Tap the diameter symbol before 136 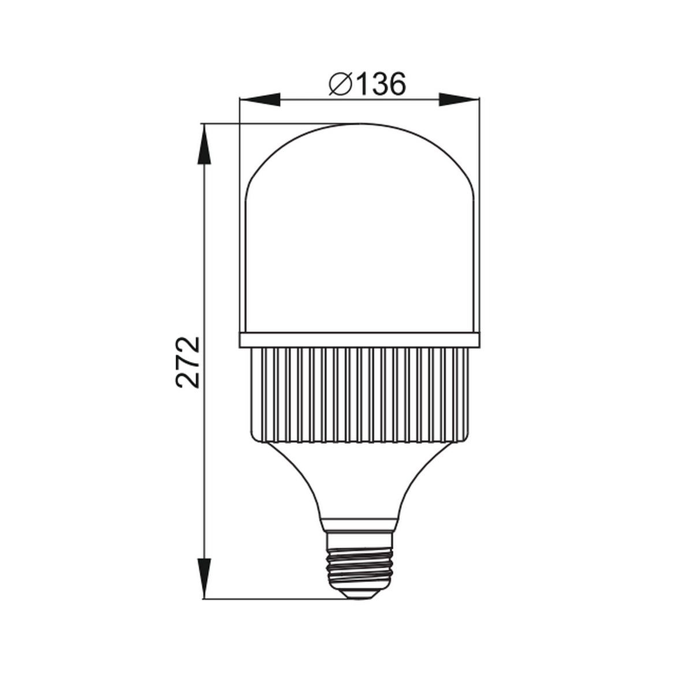tap(341, 85)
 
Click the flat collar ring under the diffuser tap(359, 340)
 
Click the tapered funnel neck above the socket tap(359, 479)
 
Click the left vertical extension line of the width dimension tap(240, 219)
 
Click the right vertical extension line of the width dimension tap(479, 219)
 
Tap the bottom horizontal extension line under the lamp tap(277, 598)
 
